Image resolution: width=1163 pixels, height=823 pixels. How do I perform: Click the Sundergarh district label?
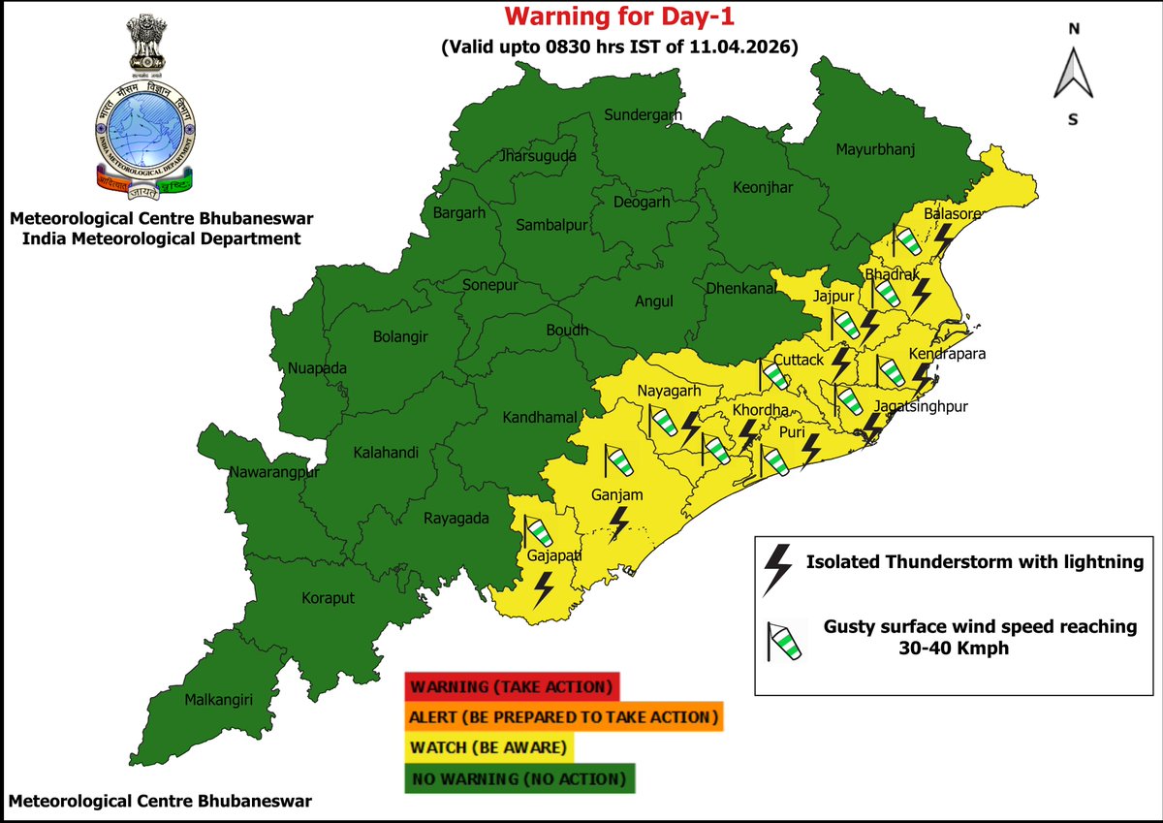643,115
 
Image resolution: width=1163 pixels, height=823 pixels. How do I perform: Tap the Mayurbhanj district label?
875,149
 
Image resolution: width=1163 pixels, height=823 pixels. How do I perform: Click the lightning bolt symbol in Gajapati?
545,587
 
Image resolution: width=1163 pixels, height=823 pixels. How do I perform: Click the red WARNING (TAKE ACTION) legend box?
512,687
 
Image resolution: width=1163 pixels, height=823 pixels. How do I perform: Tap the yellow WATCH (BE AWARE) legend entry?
490,747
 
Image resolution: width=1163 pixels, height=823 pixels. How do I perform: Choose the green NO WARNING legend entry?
519,778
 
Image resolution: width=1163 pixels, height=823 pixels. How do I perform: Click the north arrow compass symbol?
1073,74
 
